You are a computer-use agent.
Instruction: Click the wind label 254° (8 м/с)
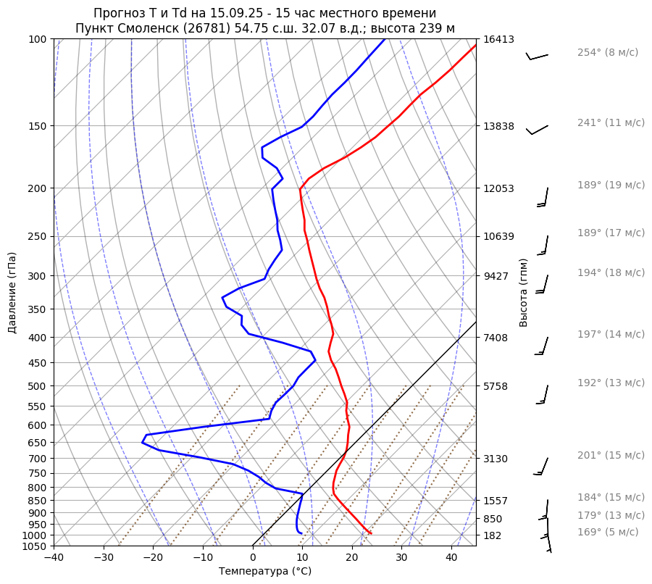(607, 52)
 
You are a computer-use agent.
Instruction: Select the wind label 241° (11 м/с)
(611, 122)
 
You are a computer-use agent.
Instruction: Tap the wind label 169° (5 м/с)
(607, 532)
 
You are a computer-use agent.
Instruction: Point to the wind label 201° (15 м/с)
(611, 455)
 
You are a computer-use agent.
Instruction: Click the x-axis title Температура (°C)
(265, 571)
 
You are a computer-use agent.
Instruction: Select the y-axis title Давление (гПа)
(12, 293)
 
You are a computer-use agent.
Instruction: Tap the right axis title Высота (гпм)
(524, 292)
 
